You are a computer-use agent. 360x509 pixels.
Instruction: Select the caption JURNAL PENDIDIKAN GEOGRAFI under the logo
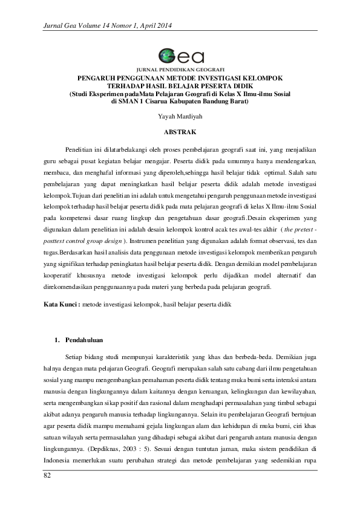click(x=180, y=70)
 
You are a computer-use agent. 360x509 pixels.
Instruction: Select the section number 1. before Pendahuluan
click(x=57, y=340)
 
